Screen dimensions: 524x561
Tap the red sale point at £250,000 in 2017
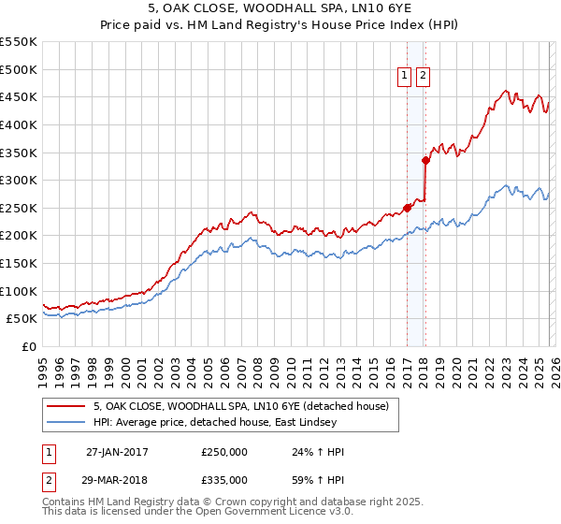pos(407,208)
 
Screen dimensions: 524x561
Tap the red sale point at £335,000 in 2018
pos(425,160)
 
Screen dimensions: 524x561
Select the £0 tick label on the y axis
pos(31,346)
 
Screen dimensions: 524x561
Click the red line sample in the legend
pos(67,406)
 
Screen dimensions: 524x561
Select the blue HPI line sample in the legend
pos(67,422)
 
